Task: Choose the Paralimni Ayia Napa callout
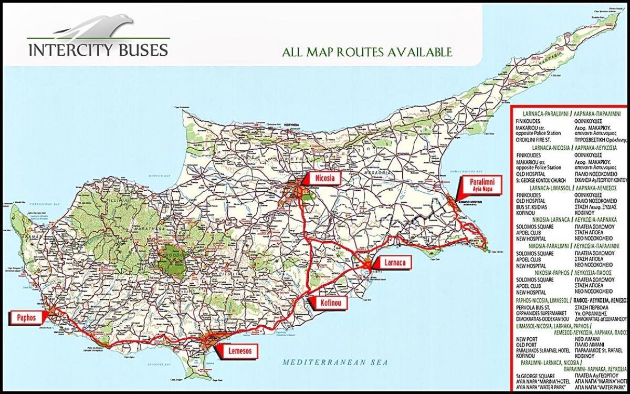click(x=480, y=185)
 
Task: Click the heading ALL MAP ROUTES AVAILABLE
click(x=366, y=53)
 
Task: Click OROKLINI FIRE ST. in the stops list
click(x=541, y=140)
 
